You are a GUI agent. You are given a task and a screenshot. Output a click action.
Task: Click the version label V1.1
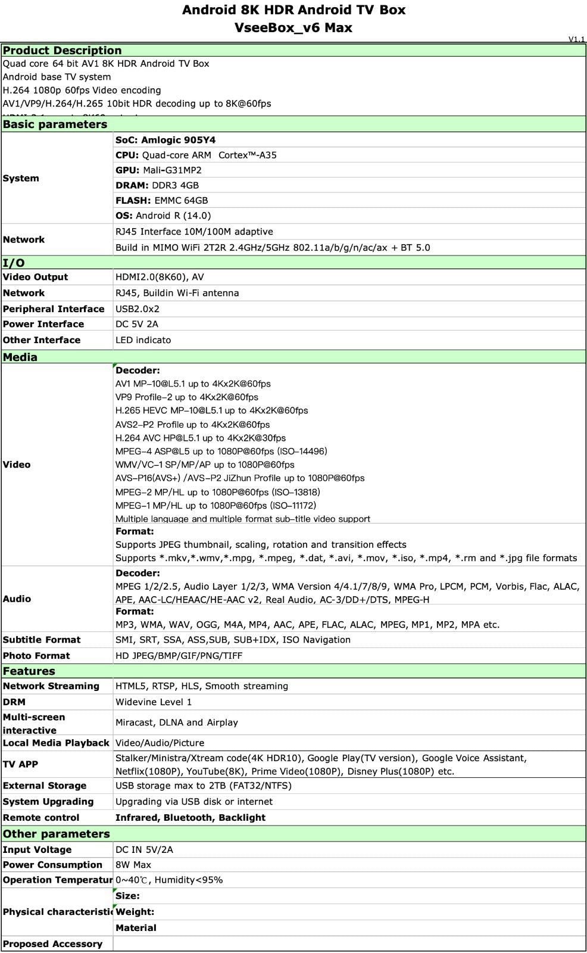(576, 39)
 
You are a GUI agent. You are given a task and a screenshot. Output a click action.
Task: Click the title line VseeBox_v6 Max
(293, 27)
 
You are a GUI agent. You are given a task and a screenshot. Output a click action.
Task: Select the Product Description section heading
(62, 51)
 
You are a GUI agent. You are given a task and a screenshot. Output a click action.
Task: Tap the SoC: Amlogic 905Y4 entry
(166, 140)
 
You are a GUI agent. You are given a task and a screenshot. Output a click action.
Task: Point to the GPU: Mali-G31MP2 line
(158, 170)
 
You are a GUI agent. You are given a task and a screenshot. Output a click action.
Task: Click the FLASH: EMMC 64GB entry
(161, 201)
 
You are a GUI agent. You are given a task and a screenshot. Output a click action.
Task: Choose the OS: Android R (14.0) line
(163, 216)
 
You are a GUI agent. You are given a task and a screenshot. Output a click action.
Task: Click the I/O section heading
(14, 263)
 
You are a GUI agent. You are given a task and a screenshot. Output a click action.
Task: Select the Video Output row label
(35, 277)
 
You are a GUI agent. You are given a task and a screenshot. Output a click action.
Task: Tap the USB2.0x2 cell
(138, 309)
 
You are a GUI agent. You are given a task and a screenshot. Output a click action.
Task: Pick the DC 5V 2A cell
(137, 324)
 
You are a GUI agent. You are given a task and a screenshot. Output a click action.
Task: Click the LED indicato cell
(143, 340)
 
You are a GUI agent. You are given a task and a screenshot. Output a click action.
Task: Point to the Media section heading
(20, 357)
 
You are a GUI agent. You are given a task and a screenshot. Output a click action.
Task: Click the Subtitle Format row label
(42, 640)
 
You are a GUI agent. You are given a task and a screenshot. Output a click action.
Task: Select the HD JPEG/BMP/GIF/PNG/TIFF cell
(179, 656)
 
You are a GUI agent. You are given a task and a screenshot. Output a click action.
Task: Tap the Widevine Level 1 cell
(154, 702)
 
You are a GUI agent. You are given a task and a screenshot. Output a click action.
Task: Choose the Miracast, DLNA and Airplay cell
(177, 722)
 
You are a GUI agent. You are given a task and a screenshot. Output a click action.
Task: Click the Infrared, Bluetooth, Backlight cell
(191, 818)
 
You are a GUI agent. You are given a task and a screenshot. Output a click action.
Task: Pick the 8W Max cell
(133, 865)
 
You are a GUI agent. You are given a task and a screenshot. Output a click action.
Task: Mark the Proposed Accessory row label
(52, 944)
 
